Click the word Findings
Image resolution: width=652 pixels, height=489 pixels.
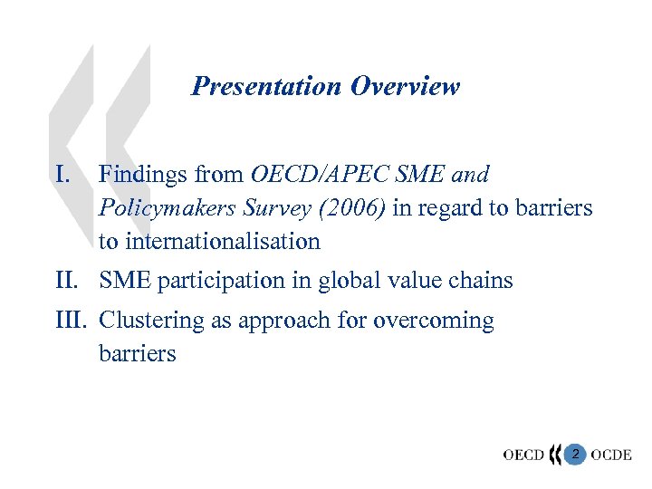(x=139, y=173)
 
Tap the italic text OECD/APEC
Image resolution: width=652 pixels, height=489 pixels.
(x=321, y=173)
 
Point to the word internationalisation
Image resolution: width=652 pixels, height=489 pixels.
(x=222, y=242)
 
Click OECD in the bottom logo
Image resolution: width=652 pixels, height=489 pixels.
(x=523, y=454)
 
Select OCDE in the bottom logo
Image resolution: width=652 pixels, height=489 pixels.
(x=611, y=454)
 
